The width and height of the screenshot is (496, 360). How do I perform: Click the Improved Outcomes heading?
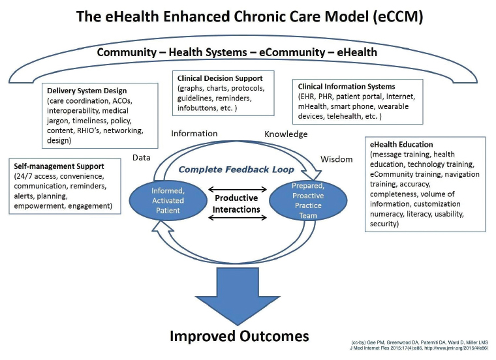[239, 336]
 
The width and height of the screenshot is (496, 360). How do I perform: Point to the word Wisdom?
[337, 159]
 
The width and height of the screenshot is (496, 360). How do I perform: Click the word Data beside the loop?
[142, 157]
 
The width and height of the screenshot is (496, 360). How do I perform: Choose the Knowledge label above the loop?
[285, 134]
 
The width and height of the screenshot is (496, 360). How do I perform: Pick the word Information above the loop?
[194, 134]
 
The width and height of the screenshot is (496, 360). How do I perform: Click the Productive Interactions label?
[236, 203]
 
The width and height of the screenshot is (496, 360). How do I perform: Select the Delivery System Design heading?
[87, 91]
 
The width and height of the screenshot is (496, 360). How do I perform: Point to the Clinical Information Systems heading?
[346, 86]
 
